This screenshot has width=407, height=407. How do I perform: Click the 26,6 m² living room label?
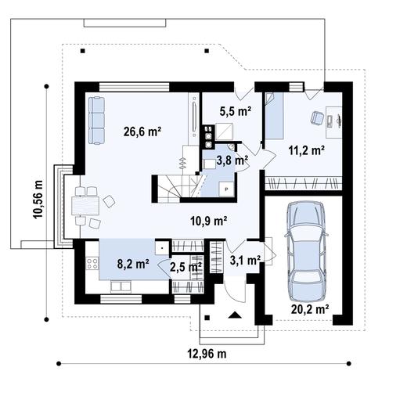[142, 131]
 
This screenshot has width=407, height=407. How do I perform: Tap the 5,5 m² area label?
[236, 111]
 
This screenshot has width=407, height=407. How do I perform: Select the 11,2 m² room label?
[307, 150]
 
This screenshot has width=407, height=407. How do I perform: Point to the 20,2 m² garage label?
[310, 309]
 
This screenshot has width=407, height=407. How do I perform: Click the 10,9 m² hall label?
[209, 222]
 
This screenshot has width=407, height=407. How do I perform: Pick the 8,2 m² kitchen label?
[133, 264]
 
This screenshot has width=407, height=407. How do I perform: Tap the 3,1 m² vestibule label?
[245, 260]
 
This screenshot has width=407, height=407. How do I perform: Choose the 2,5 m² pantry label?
[185, 267]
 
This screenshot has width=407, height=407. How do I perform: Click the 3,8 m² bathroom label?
[232, 160]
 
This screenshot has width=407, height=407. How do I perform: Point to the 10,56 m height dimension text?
[38, 199]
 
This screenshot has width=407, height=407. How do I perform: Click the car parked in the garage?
[306, 252]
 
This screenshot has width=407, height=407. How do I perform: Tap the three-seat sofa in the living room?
[96, 121]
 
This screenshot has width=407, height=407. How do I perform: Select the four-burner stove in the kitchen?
[92, 263]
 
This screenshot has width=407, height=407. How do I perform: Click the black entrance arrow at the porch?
[235, 315]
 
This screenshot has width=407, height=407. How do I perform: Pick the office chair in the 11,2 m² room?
[317, 117]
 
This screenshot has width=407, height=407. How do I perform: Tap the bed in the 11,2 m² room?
[274, 115]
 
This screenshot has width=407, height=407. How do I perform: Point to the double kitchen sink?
[121, 286]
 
